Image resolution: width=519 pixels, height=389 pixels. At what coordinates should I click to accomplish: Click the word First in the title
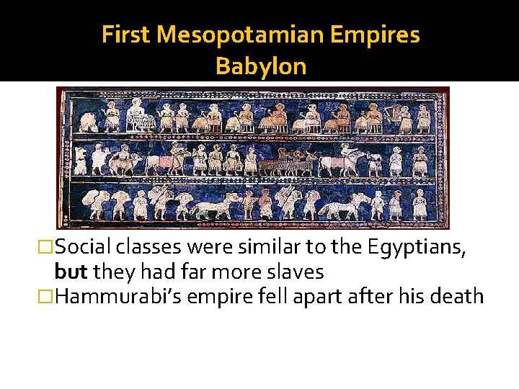128,35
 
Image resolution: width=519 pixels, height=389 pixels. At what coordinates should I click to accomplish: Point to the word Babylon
260,66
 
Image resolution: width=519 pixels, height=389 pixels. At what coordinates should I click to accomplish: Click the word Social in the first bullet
82,249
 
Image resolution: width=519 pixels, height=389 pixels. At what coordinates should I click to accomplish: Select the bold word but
69,272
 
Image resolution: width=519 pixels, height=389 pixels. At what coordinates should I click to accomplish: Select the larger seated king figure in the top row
134,114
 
